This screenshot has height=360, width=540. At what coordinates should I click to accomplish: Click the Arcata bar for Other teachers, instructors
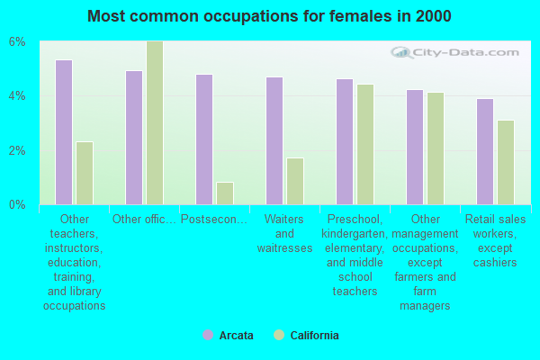point(64,132)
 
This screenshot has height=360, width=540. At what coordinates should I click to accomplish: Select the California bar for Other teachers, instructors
point(85,173)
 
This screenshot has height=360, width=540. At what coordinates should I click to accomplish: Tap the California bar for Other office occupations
point(155,122)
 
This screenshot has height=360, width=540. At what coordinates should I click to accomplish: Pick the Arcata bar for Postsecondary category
point(204,139)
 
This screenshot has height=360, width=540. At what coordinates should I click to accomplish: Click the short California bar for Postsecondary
point(225,193)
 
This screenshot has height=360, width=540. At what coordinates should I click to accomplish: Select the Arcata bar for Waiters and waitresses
point(274,140)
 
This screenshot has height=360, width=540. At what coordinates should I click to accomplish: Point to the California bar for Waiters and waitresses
point(295,181)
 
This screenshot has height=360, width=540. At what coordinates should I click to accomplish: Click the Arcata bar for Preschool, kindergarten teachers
point(345,141)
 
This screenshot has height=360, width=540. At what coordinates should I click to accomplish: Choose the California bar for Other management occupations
point(436,148)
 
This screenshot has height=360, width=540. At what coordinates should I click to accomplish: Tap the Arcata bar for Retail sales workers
point(485,151)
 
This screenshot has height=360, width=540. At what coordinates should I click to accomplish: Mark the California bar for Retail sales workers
point(506,162)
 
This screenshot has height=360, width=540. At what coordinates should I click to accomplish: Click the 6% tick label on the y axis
point(18,42)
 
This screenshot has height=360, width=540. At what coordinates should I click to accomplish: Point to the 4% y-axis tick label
point(18,96)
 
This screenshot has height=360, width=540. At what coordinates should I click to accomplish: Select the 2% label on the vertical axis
point(18,150)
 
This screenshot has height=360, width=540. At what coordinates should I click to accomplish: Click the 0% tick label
point(18,204)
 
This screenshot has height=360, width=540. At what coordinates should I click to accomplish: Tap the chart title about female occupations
point(270,16)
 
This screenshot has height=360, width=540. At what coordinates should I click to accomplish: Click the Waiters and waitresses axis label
point(284,234)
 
